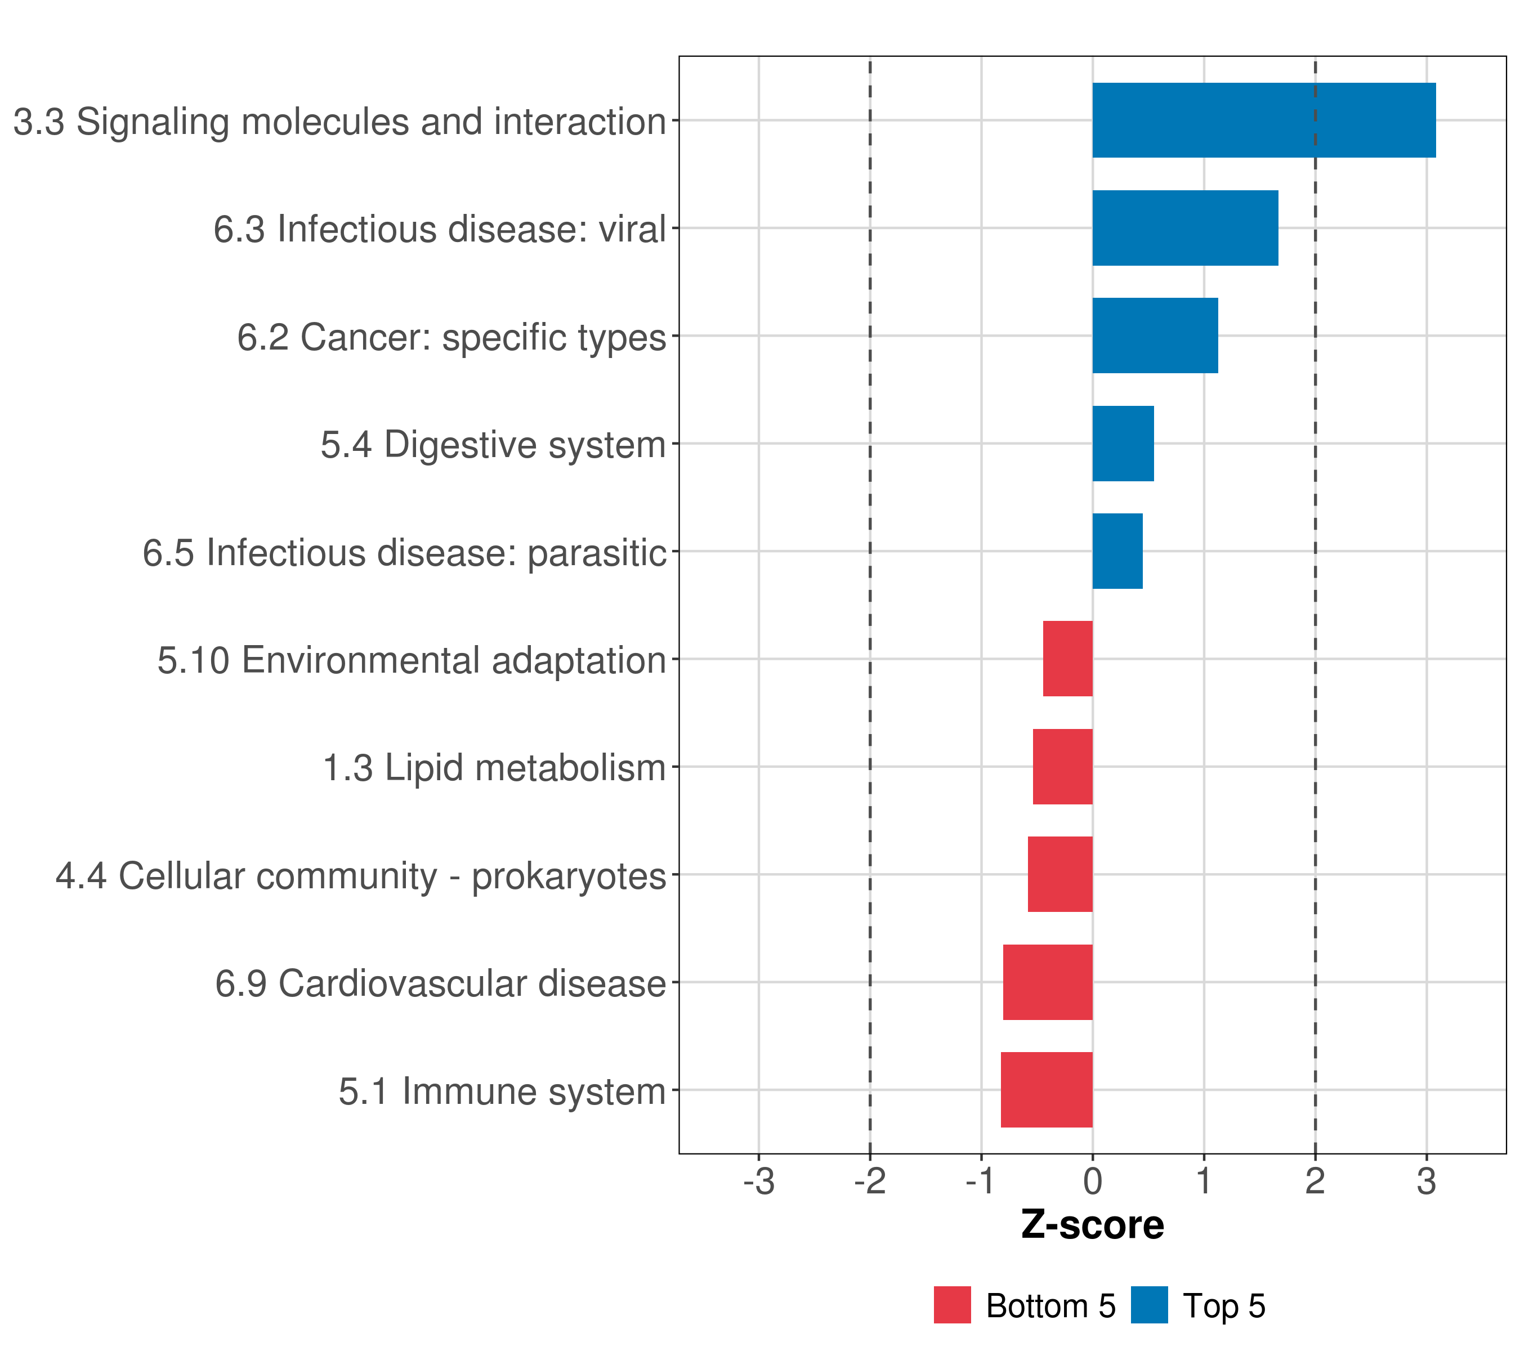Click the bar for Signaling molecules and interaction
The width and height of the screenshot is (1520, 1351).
pyautogui.click(x=1263, y=120)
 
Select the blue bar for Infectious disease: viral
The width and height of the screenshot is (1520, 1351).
pyautogui.click(x=1184, y=229)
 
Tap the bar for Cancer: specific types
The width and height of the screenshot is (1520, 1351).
pyautogui.click(x=1155, y=335)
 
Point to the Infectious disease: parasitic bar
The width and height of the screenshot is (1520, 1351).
pyautogui.click(x=1117, y=551)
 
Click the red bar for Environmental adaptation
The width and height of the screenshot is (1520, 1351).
pyautogui.click(x=1068, y=659)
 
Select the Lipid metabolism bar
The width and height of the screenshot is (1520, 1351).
pyautogui.click(x=1063, y=767)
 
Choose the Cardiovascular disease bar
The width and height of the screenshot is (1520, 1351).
pyautogui.click(x=1048, y=982)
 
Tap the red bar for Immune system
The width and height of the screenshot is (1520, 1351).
pyautogui.click(x=1047, y=1090)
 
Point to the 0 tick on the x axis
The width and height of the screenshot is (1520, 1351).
pyautogui.click(x=1092, y=1182)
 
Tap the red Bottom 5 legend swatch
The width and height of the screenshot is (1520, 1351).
pyautogui.click(x=953, y=1305)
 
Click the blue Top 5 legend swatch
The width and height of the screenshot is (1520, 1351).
pyautogui.click(x=1150, y=1305)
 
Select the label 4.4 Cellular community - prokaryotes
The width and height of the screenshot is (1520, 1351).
pyautogui.click(x=361, y=876)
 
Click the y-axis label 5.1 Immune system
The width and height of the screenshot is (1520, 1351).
pyautogui.click(x=502, y=1091)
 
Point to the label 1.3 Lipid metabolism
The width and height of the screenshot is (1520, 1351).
pyautogui.click(x=494, y=768)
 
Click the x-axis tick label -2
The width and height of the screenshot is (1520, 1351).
pyautogui.click(x=870, y=1182)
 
